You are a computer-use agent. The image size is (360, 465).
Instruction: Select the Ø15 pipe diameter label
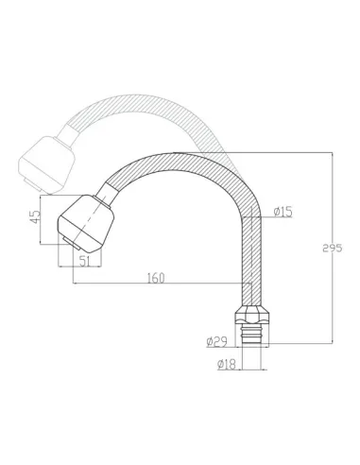click(282, 213)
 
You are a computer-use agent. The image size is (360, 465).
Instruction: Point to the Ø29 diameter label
click(216, 341)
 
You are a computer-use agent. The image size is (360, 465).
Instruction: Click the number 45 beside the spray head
click(33, 216)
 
